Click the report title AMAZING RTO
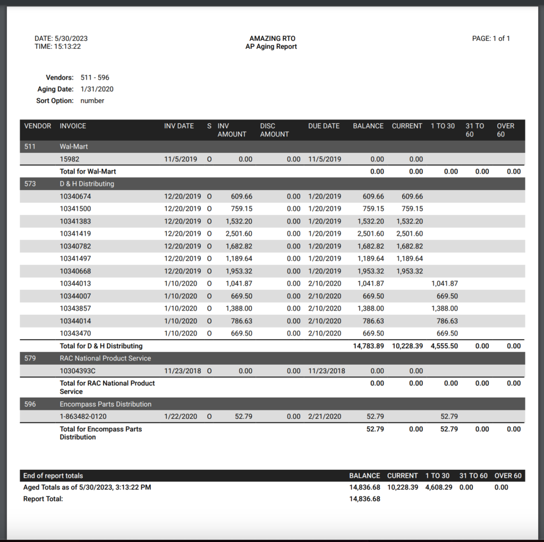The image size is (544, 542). point(272,39)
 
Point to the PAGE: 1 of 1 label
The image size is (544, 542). point(490,39)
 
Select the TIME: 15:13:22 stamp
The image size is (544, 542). point(57,47)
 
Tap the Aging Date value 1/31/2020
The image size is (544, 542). point(97,89)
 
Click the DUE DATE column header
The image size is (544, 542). point(324,126)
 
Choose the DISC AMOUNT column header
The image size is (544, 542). point(274,130)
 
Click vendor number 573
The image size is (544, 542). point(30,184)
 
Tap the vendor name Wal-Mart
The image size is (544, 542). point(74,146)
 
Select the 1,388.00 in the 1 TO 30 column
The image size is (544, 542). point(444,308)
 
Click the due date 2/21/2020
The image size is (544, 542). point(325,417)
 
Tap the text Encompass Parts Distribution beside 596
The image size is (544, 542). point(105,405)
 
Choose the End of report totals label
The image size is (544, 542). point(53,476)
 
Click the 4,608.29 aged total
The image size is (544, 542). point(439,487)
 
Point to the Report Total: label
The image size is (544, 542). point(43,499)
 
